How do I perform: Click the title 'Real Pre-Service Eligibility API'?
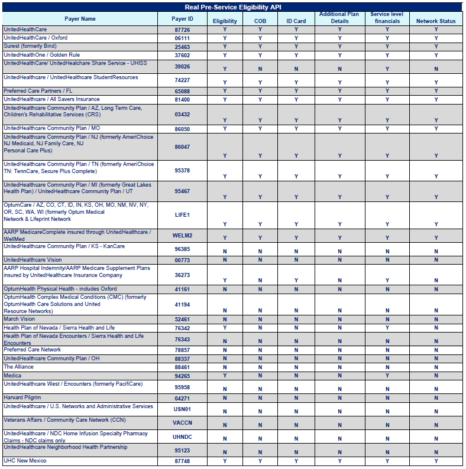232,6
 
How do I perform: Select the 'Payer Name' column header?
80,19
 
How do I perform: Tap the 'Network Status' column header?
436,21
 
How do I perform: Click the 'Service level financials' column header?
387,18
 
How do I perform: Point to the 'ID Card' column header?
296,21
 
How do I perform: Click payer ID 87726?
182,30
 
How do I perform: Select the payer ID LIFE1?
182,215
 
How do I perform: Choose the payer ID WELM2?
182,235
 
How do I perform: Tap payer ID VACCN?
182,423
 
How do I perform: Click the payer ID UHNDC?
182,437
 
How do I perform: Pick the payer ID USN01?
182,409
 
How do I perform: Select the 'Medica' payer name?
12,376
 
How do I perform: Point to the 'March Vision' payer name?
20,319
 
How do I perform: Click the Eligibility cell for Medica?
225,376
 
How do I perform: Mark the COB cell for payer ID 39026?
260,69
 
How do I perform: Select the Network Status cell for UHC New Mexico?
436,461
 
